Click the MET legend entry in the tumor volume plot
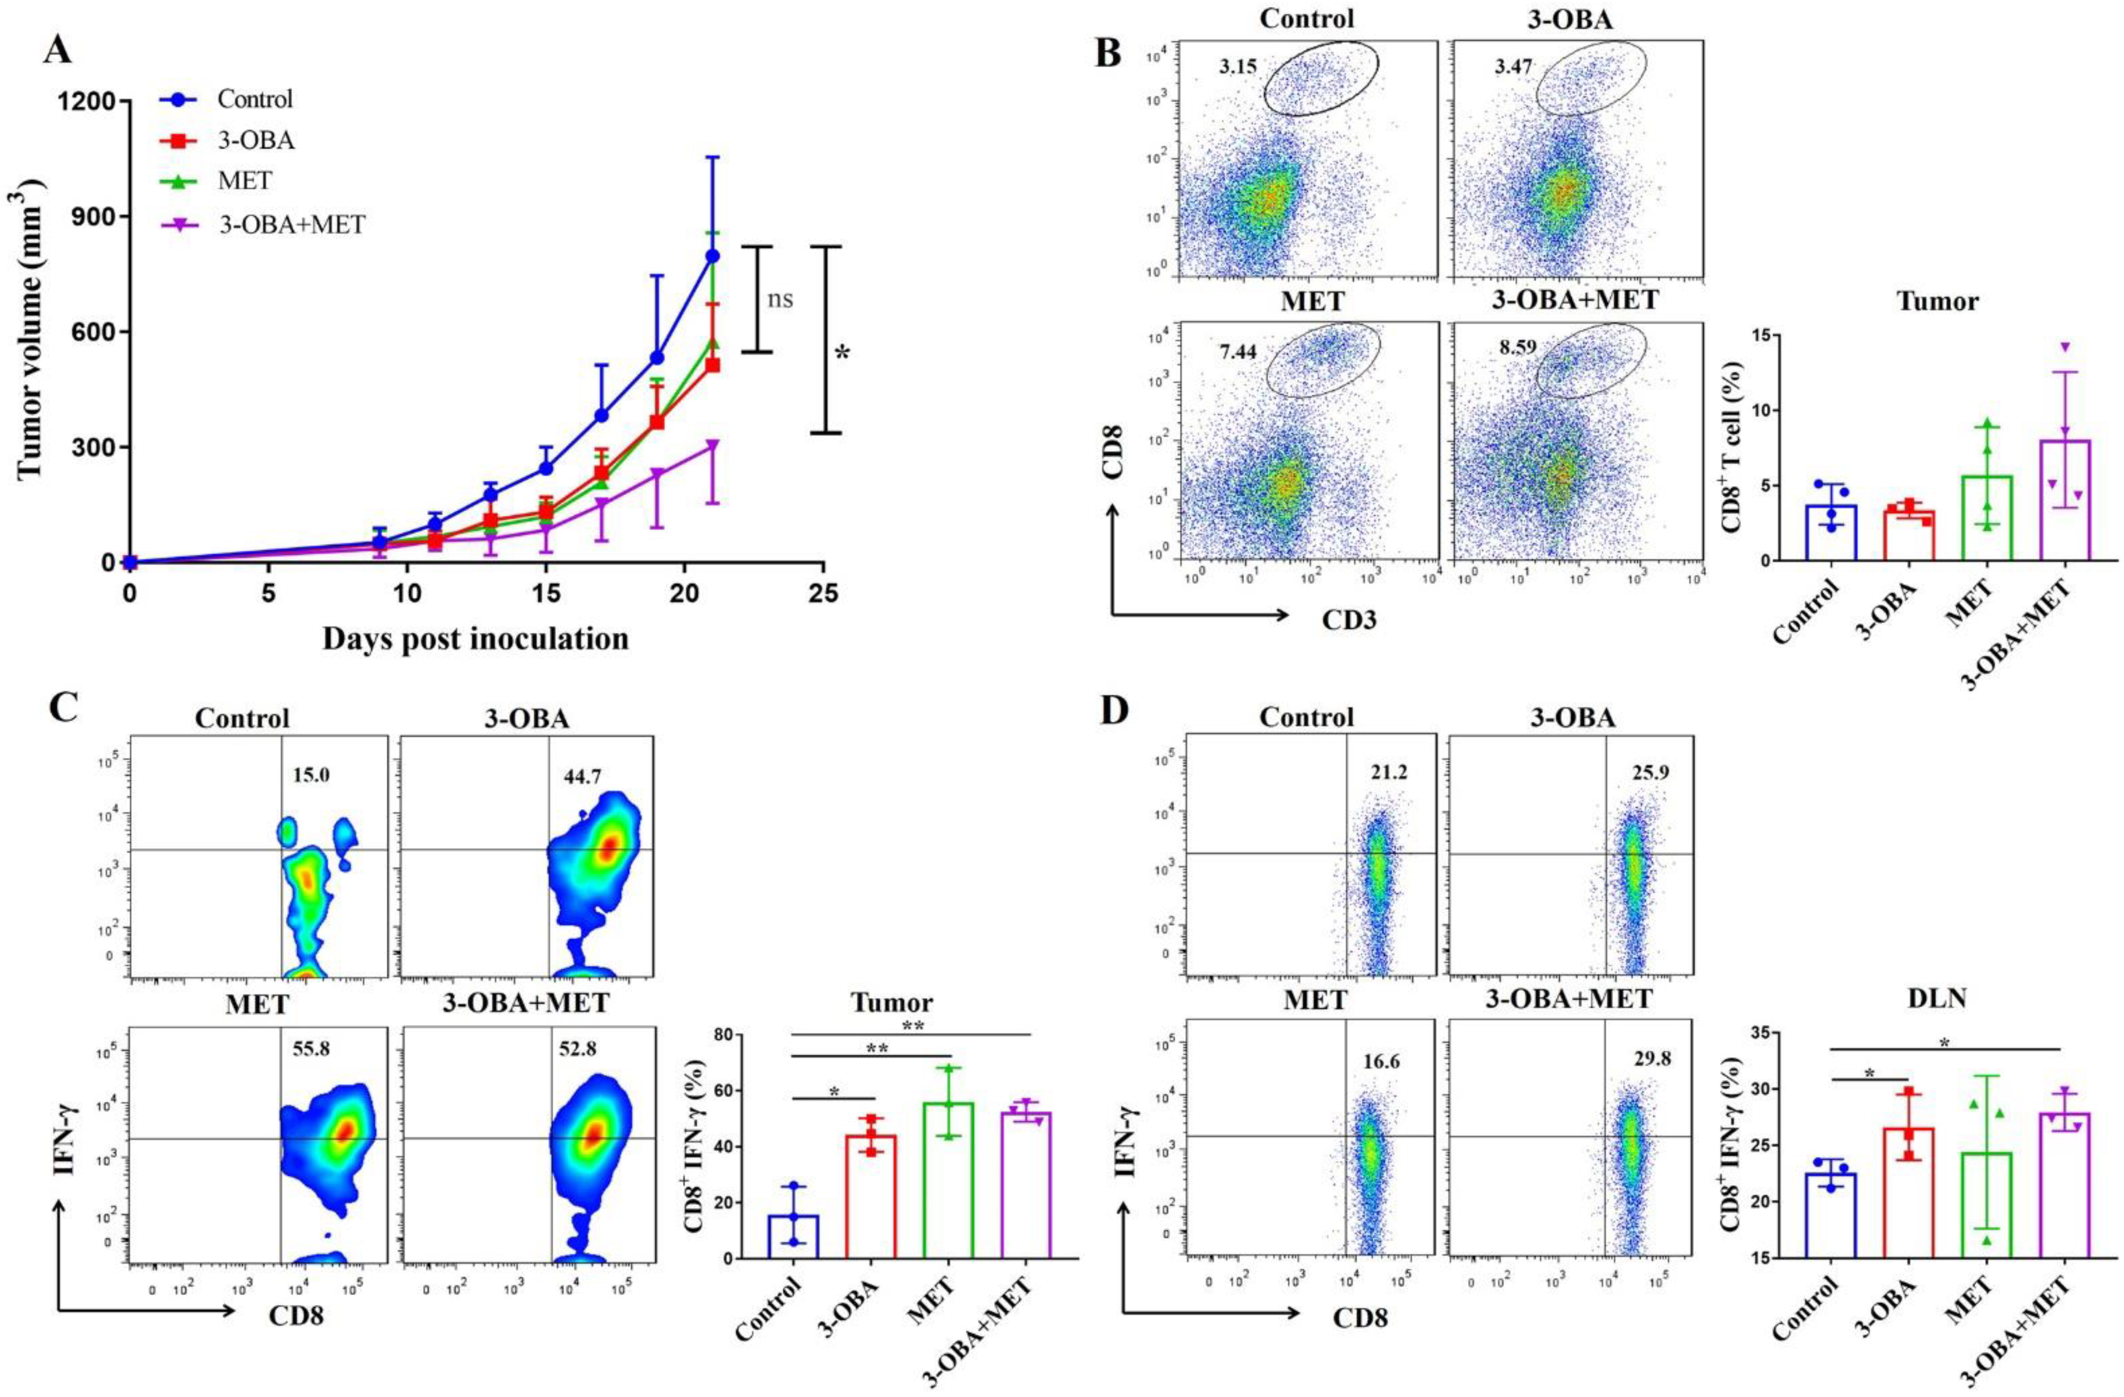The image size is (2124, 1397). click(x=245, y=181)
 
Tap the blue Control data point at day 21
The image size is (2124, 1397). click(x=712, y=256)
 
